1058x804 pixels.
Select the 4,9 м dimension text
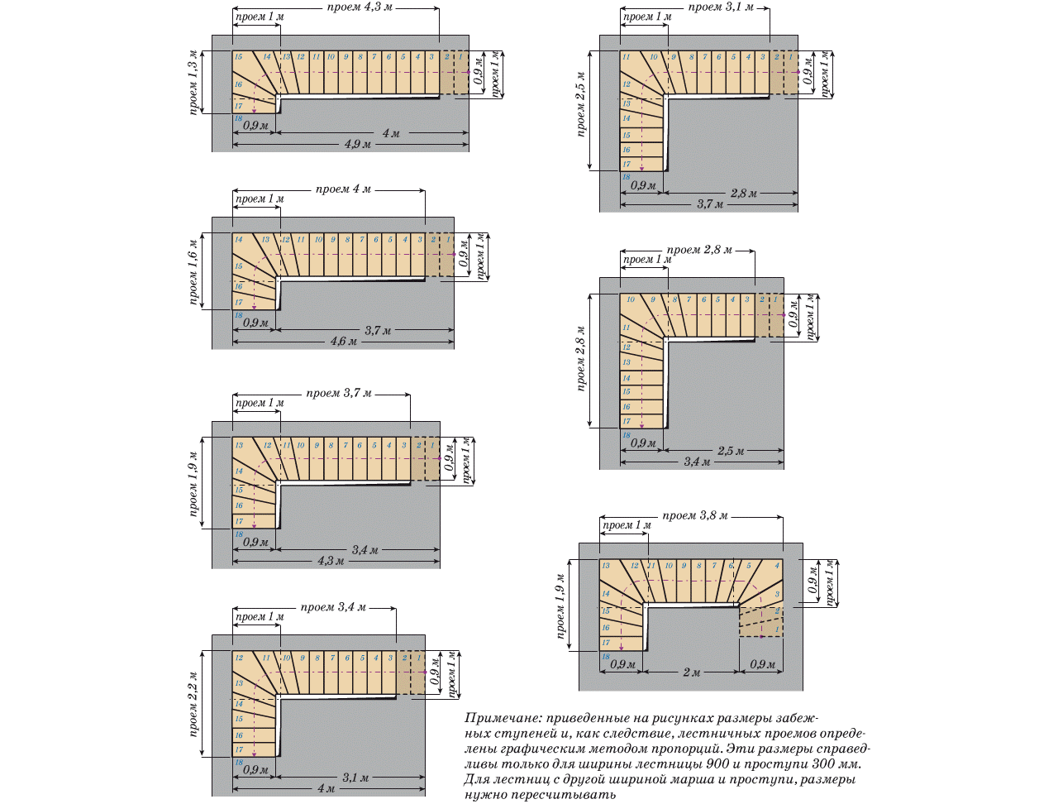click(358, 145)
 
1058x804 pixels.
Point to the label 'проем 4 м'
click(343, 189)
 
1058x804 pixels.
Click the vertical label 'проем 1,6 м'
click(193, 272)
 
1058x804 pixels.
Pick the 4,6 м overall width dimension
click(344, 341)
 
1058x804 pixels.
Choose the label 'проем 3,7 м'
click(339, 393)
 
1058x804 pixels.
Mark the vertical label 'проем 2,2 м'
click(193, 704)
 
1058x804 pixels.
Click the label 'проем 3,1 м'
click(721, 7)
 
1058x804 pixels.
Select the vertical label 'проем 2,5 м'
click(581, 105)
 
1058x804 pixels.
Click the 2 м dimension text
click(692, 672)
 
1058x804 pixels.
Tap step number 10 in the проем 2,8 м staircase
click(631, 299)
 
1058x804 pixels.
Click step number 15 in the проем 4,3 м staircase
click(238, 57)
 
